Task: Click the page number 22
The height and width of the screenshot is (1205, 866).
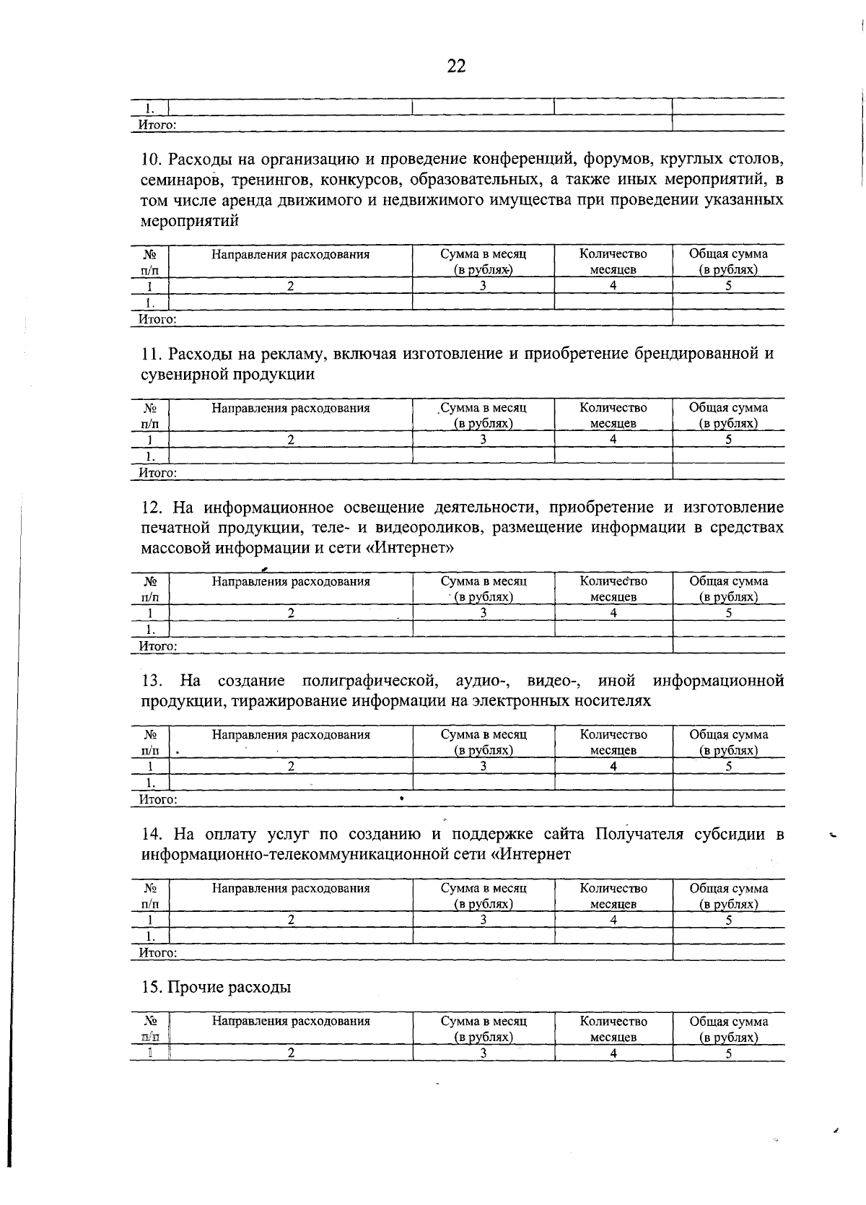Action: click(456, 66)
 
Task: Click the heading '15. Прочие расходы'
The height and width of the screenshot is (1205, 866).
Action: click(216, 987)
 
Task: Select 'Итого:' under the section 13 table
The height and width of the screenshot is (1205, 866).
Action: click(157, 799)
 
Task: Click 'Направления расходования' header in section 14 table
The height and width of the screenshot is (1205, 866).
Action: click(290, 888)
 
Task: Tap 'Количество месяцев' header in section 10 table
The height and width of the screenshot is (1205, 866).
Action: click(613, 261)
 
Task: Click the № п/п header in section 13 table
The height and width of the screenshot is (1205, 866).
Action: click(150, 742)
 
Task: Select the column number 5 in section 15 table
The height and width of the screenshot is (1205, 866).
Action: click(729, 1053)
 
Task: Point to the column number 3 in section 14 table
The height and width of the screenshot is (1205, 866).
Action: click(484, 920)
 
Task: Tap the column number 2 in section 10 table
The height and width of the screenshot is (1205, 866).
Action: click(290, 285)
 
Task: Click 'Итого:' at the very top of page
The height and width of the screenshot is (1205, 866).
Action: click(157, 124)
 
